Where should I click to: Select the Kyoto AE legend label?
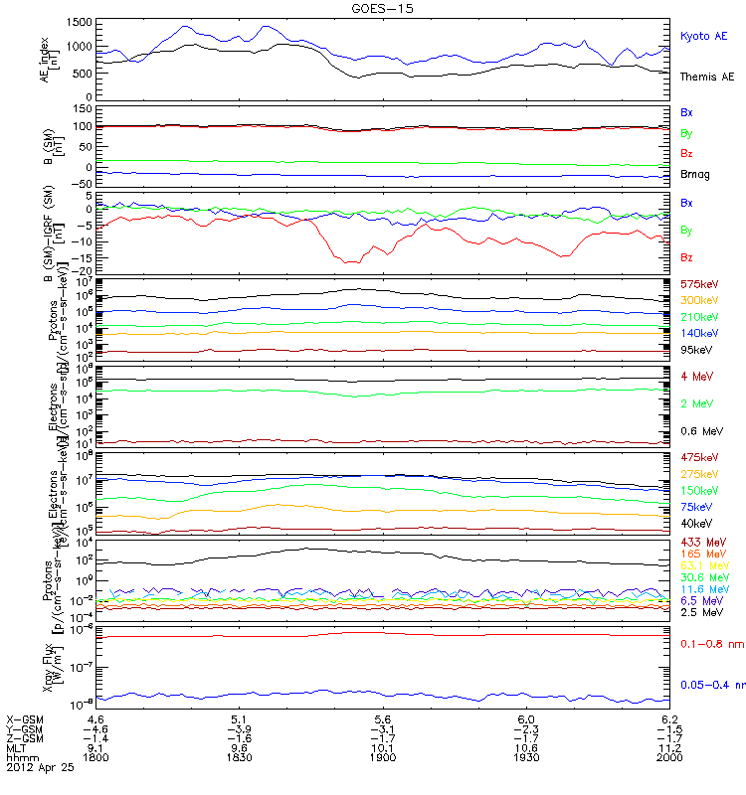click(x=703, y=36)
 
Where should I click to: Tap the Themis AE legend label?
click(x=706, y=77)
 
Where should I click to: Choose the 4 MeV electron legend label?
click(x=694, y=375)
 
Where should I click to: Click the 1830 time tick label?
click(x=239, y=760)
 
